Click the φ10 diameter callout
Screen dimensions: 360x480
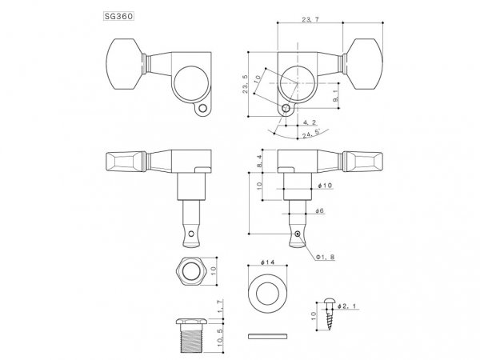[x=325, y=186]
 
